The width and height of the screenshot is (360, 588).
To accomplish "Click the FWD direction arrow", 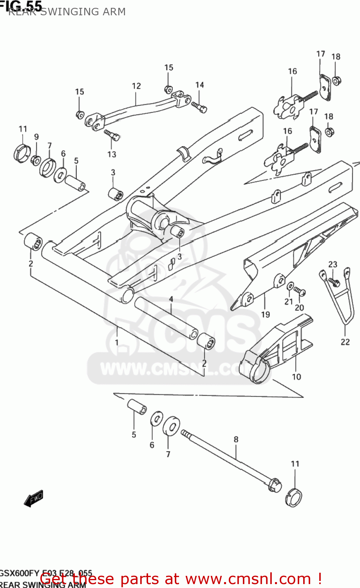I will coord(34,498).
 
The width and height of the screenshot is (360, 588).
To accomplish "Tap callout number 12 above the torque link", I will coord(136,86).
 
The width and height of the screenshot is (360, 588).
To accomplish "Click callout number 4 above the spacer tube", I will coord(171,299).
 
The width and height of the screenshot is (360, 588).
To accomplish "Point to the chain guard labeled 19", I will coord(298,251).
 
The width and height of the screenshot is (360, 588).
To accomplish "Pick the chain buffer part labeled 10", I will coord(274,349).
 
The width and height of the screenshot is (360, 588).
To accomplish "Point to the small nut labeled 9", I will coord(36,160).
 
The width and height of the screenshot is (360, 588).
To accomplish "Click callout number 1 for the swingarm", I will coord(117,342).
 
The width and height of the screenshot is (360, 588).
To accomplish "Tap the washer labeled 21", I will coord(290,286).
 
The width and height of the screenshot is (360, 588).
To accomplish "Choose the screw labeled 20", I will coord(300,292).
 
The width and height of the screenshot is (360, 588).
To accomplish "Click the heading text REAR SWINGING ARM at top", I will coord(67,12).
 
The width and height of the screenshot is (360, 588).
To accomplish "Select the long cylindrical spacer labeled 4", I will coord(166,318).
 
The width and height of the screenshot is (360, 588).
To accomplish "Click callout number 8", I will coord(236,439).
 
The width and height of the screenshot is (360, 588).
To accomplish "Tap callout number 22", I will coord(345,342).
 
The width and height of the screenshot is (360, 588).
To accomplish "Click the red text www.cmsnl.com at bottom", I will coord(248,579).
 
